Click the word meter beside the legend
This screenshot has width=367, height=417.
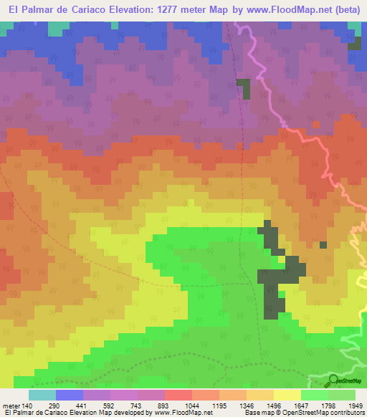click(x=10, y=406)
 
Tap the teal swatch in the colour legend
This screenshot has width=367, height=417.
click(x=42, y=395)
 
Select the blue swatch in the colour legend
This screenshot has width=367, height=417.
click(x=70, y=395)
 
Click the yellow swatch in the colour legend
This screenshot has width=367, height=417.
click(x=287, y=395)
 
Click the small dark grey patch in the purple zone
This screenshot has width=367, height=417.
click(x=245, y=89)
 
